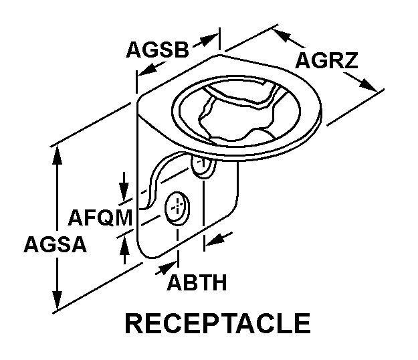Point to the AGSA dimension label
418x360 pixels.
pos(55,245)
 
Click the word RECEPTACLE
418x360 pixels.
pos(218,323)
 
